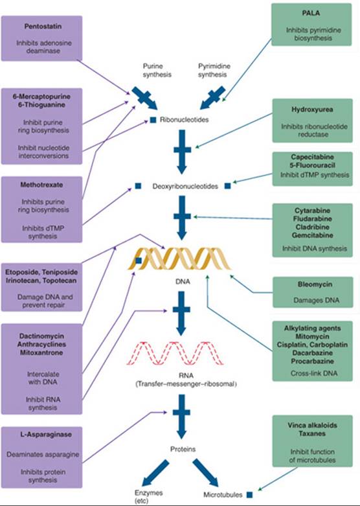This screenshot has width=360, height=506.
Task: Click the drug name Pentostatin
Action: (43, 27)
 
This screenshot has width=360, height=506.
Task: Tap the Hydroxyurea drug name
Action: (312, 109)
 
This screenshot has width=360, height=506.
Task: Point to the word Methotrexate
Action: (41, 185)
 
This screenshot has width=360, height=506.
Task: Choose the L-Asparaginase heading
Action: (42, 434)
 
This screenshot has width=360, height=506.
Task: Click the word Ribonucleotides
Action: (184, 120)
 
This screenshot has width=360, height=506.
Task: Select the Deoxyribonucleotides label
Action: (185, 187)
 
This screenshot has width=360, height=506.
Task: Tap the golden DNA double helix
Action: (179, 258)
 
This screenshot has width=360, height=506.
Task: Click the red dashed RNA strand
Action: (175, 353)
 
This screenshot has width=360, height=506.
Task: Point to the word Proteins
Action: (183, 449)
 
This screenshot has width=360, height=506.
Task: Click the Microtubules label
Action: (223, 495)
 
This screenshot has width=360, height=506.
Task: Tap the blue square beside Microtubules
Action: (250, 495)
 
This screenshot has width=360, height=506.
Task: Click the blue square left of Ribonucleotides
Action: (153, 120)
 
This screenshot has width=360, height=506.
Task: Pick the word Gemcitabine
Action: (312, 235)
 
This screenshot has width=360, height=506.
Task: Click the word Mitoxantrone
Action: (41, 352)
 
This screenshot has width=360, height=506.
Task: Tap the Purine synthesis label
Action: (157, 71)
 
